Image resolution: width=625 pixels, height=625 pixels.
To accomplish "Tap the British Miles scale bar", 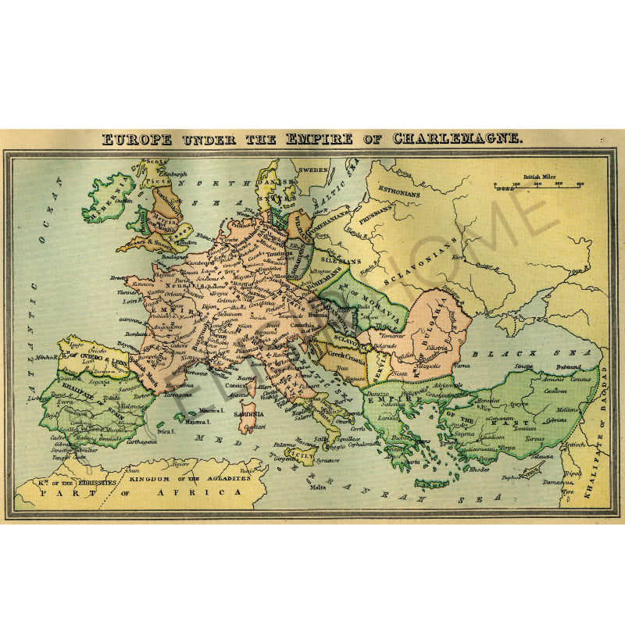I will pos(538,185).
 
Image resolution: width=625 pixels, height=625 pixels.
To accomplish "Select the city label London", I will pos(187,242).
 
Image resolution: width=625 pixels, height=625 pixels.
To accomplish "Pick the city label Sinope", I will pos(523,366).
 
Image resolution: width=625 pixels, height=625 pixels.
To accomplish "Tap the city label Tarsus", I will pos(534,439).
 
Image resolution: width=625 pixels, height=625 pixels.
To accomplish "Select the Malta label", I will pos(317,487).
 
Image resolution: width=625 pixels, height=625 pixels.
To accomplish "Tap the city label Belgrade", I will pos(384,344).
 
